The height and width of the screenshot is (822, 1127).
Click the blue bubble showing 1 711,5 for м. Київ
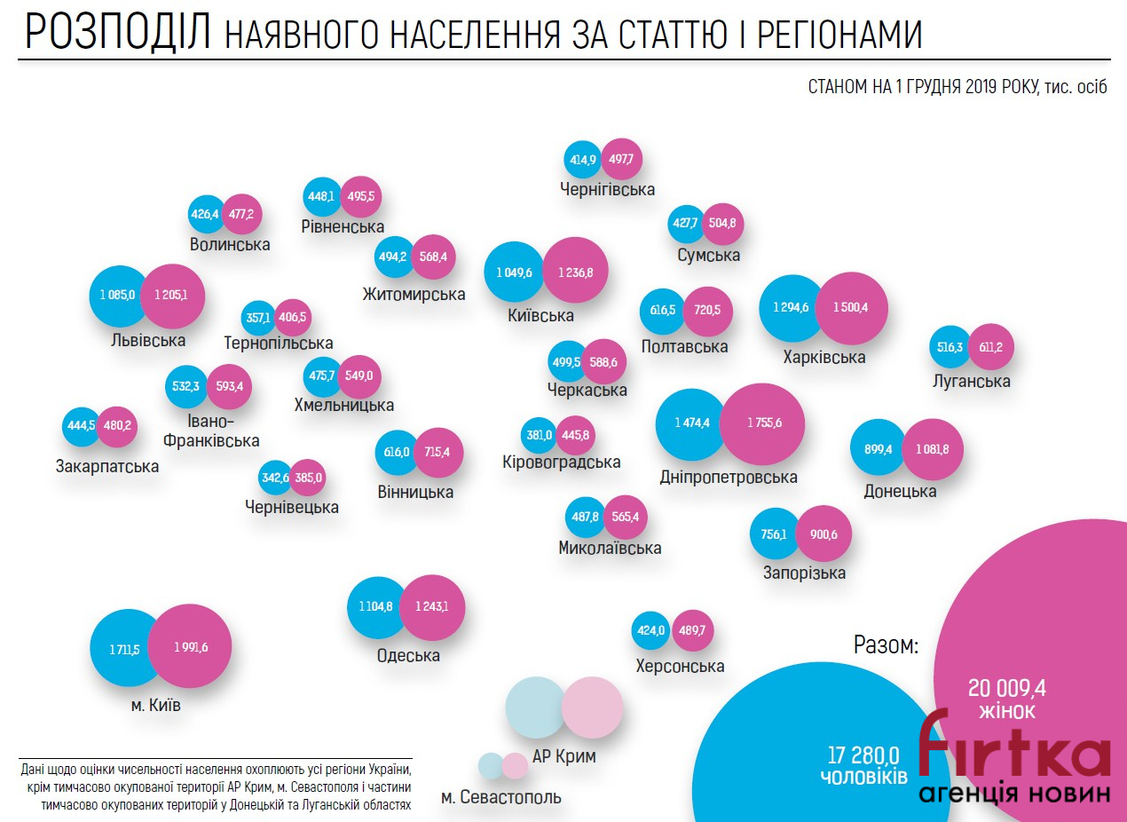pos(124,649)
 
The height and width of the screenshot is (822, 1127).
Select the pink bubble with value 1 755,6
pos(762,423)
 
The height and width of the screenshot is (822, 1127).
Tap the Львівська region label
pos(148,340)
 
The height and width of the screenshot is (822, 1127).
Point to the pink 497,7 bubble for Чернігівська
pos(621,160)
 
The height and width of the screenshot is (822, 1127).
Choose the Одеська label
pos(408,656)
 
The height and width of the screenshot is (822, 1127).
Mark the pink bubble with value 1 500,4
pos(851,307)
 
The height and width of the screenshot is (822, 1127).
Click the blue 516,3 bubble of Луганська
pos(949,348)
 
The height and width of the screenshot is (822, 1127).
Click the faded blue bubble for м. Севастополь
pos(490,765)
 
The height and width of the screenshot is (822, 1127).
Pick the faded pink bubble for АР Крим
pos(592,707)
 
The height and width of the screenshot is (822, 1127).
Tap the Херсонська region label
pos(680,666)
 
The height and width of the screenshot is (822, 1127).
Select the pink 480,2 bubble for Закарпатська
pos(116,425)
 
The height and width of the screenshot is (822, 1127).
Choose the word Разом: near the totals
pos(885,645)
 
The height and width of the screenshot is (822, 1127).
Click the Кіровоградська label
pos(561,462)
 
